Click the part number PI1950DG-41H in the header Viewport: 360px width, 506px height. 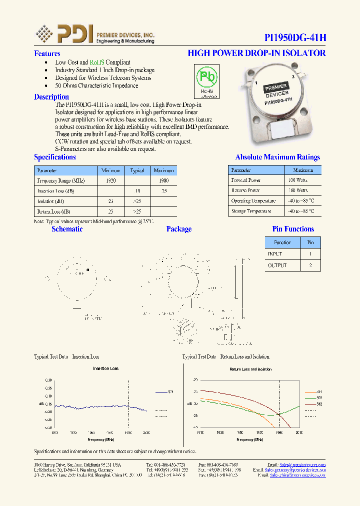295,38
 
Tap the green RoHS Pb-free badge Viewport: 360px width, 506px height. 206,81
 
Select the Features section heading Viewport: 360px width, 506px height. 47,53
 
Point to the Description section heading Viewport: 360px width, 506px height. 51,97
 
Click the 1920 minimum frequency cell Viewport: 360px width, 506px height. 110,180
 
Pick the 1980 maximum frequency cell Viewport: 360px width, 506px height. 163,180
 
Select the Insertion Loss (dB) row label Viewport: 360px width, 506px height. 56,191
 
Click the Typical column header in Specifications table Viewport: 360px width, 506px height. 137,170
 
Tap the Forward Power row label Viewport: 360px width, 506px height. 246,180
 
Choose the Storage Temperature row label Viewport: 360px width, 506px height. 251,211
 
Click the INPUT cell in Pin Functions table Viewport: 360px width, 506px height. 275,254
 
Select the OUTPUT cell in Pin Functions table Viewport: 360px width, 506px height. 277,265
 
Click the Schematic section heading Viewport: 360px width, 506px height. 67,229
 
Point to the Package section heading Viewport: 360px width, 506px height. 178,229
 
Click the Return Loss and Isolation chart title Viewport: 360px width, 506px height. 250,369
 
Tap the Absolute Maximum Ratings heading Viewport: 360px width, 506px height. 277,157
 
